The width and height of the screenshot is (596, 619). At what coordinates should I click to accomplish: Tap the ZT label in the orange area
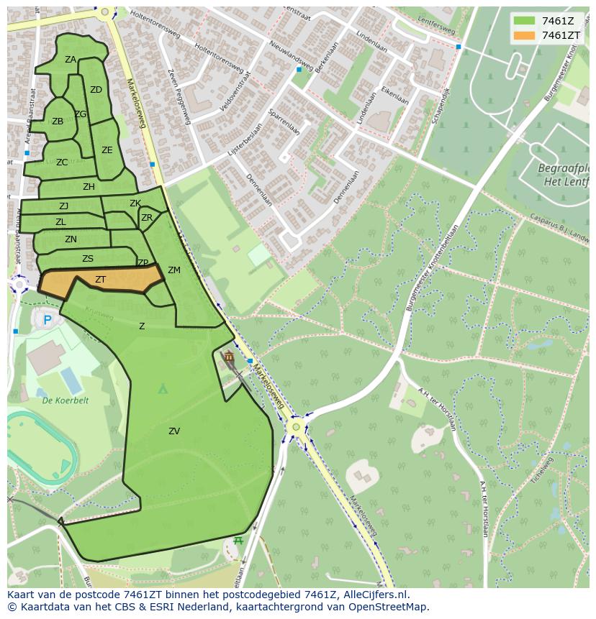(101, 280)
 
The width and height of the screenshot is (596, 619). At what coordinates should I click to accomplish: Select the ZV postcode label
(174, 431)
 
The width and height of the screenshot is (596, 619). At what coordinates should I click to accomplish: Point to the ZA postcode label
(71, 60)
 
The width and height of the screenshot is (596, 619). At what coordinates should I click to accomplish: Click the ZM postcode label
(174, 270)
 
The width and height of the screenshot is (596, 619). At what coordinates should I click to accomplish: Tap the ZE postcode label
(107, 150)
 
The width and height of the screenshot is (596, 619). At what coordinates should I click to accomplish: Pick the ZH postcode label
(89, 187)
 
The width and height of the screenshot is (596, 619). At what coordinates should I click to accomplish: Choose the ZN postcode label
(71, 239)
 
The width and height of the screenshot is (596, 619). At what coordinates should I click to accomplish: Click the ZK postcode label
(135, 203)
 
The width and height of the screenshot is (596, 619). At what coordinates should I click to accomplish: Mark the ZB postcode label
(58, 121)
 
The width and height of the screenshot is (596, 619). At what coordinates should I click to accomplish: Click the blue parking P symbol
(48, 320)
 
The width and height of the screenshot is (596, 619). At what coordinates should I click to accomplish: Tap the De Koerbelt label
(65, 400)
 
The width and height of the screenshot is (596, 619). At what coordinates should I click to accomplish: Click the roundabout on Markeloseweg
(294, 427)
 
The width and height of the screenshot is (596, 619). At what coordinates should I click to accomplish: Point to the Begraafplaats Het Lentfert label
(564, 175)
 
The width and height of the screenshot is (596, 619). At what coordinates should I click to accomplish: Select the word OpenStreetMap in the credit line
(387, 607)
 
